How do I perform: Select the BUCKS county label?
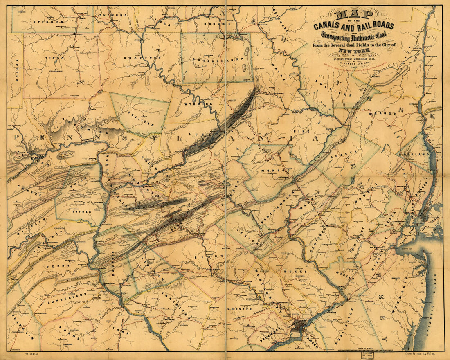pyautogui.click(x=299, y=272)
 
